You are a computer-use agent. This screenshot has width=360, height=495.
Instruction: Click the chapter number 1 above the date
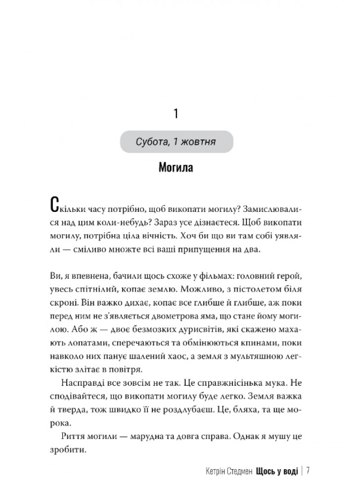coord(176,114)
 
